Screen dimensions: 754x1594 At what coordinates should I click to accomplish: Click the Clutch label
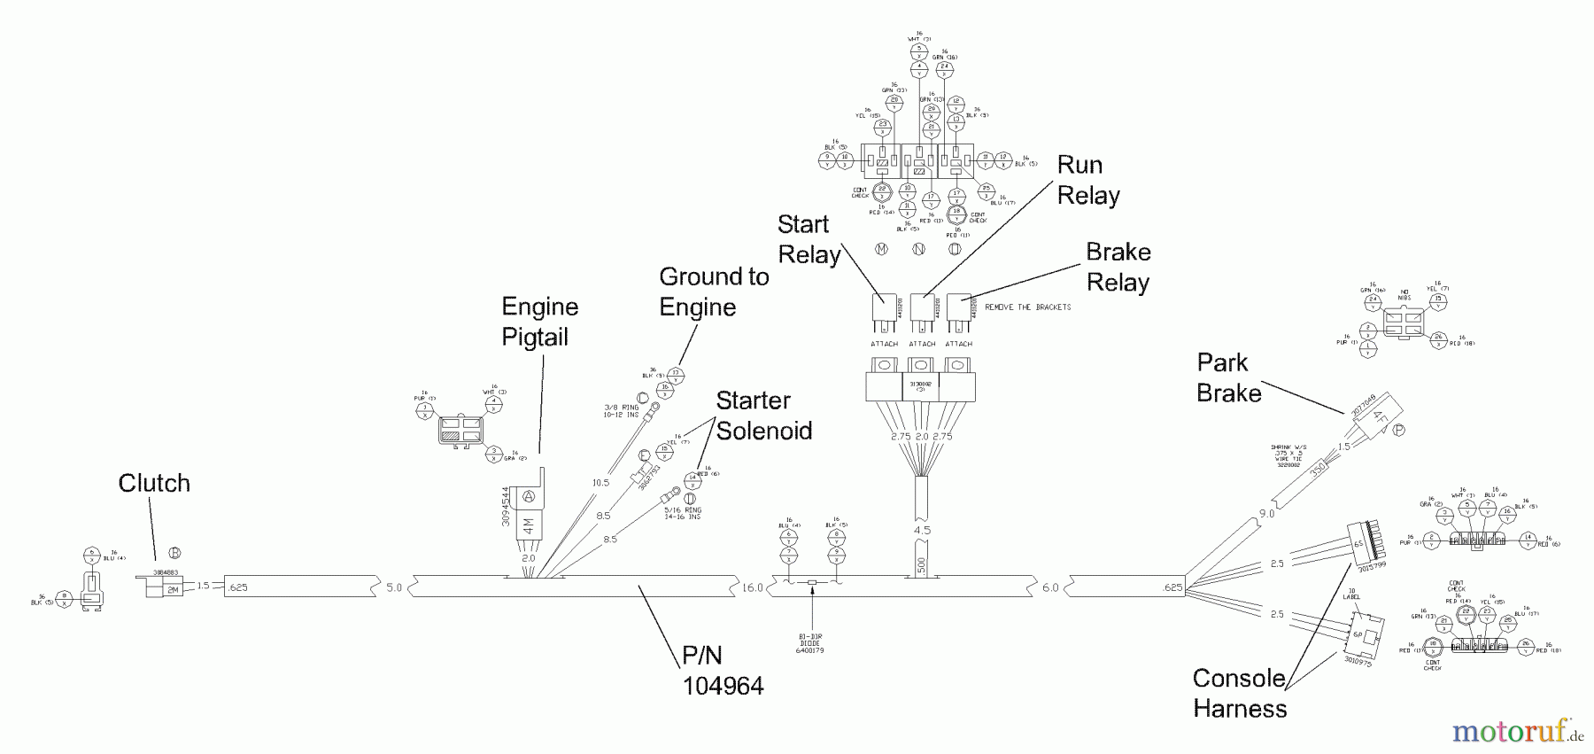154,483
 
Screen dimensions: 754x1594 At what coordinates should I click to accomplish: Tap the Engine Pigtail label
539,322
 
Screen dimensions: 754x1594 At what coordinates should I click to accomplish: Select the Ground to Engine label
714,291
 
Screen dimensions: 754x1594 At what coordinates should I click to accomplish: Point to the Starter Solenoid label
763,416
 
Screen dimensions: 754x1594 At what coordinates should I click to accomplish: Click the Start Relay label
809,239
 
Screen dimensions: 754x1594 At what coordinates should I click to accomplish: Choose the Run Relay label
1088,180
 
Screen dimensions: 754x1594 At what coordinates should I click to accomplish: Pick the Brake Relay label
1118,267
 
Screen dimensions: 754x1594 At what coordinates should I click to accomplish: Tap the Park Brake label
1228,377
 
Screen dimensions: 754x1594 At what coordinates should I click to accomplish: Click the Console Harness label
1239,693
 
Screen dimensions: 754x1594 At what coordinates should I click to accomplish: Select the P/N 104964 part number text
722,670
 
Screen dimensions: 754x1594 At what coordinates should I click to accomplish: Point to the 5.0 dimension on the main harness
394,587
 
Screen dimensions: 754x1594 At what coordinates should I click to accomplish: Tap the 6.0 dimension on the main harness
1049,587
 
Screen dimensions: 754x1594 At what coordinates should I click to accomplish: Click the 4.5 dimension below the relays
922,531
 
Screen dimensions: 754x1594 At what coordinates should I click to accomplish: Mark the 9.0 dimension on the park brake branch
1266,513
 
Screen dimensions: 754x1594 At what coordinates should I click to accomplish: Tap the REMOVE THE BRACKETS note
1027,307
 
